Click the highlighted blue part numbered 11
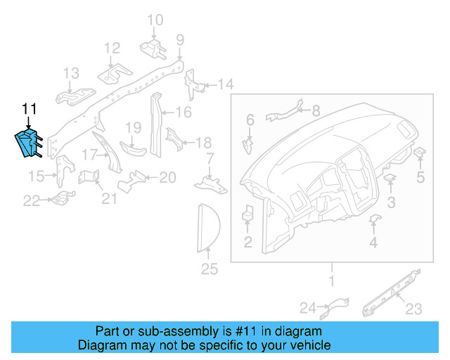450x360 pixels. point(29,142)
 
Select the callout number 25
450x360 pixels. point(210,269)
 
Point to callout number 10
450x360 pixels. point(155,20)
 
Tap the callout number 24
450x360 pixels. point(308,307)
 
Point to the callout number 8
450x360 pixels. point(315,110)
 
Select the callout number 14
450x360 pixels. point(225,85)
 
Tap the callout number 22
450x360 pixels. point(32,201)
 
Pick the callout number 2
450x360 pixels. point(247,243)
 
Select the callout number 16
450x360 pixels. point(184,112)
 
